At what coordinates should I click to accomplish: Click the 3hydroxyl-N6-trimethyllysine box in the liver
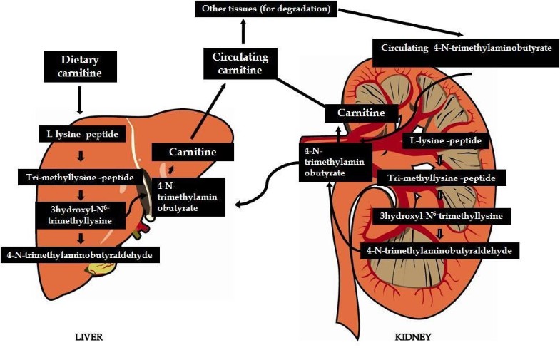click(x=80, y=212)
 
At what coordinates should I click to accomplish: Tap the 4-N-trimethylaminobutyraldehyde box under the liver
click(x=80, y=254)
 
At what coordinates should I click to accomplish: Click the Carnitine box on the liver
click(x=193, y=152)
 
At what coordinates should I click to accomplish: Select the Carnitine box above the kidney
click(x=360, y=113)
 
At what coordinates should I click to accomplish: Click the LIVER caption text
click(x=88, y=336)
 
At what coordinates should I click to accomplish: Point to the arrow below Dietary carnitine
click(x=78, y=101)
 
